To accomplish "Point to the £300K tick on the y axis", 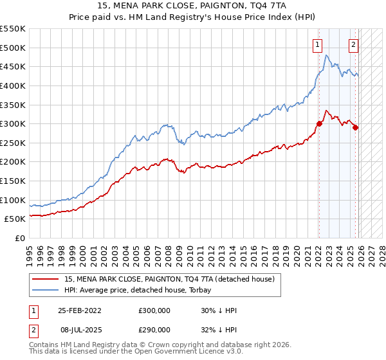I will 14,123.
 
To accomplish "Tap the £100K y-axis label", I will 14,200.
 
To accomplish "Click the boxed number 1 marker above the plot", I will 318,44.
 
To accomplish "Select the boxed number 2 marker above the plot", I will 354,44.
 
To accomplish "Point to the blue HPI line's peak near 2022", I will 327,56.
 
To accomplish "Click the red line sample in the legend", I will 46,279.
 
